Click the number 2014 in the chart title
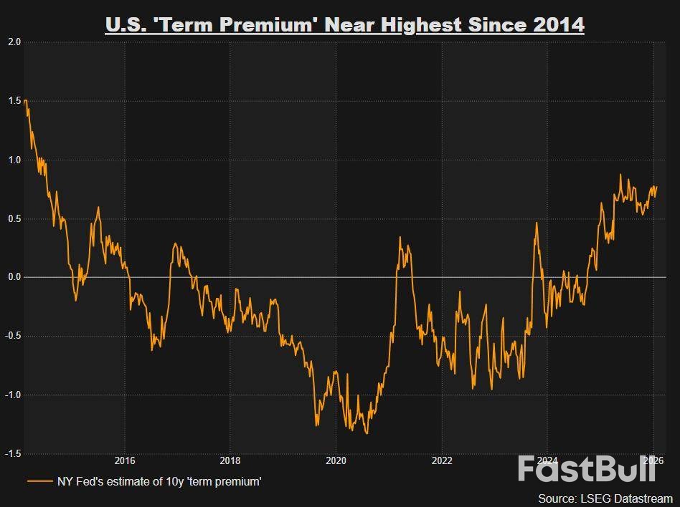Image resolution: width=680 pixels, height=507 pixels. pos(559,25)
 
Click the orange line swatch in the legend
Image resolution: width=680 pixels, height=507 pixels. pos(39,481)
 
